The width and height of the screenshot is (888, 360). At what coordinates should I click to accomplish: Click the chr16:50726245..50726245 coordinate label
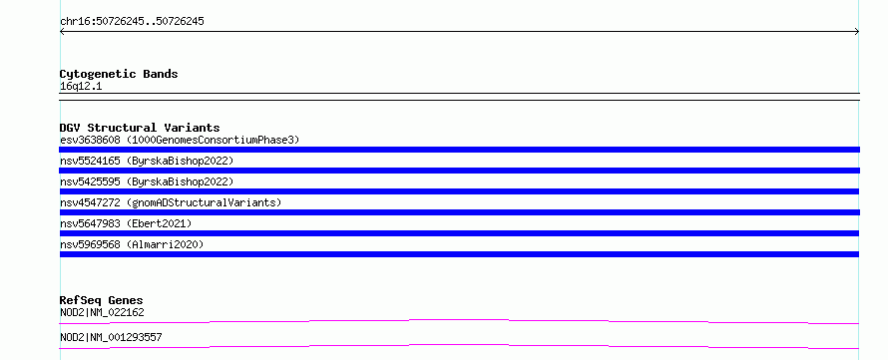point(132,22)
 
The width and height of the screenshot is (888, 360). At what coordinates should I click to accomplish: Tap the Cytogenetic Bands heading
point(119,74)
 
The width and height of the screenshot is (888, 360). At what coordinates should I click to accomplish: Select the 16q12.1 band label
point(81,87)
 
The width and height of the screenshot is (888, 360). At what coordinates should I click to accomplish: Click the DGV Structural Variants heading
point(140,128)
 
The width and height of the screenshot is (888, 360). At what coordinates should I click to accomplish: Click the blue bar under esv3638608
point(459,150)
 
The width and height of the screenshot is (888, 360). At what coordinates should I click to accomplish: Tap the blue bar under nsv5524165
point(459,171)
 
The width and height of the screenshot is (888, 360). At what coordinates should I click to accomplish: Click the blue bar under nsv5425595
point(459,191)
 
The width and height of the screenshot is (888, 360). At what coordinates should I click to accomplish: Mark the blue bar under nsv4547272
point(459,212)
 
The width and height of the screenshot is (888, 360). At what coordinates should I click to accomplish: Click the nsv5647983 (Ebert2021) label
point(126,223)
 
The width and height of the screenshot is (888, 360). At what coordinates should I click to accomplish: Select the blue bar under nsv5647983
point(459,233)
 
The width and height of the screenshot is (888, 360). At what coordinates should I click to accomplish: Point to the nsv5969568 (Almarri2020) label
point(132,244)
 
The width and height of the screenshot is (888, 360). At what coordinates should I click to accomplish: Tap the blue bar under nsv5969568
point(459,254)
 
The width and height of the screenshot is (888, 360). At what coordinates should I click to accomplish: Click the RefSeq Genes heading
point(102,300)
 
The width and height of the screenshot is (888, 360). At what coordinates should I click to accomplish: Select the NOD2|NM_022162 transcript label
point(102,312)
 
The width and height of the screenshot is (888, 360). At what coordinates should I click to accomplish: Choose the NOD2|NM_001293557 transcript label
point(111,337)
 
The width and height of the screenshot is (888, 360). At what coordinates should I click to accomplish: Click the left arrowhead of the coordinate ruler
point(61,32)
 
